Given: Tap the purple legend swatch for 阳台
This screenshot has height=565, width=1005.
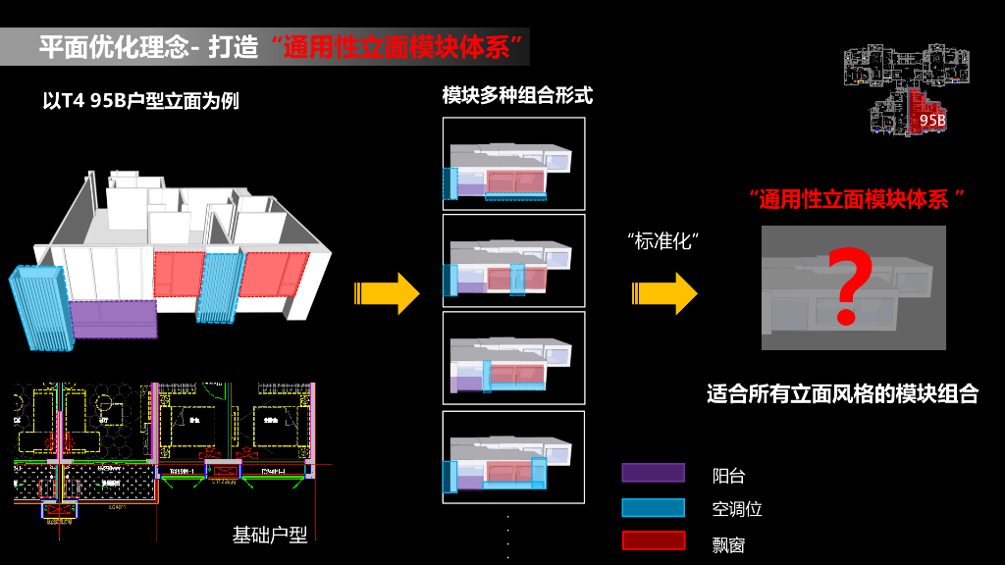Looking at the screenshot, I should click(653, 473).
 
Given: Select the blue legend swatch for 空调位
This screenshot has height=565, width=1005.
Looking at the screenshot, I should click(653, 507).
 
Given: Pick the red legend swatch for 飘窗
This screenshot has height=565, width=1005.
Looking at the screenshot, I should click(653, 540).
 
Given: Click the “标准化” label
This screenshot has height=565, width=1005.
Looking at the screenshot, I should click(669, 242).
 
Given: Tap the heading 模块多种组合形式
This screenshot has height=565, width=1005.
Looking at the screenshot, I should click(517, 96).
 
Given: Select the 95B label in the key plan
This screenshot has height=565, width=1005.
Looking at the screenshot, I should click(932, 121).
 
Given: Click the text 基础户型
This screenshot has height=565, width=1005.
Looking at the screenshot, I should click(270, 535).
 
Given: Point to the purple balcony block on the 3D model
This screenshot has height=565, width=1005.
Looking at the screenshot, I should click(115, 319).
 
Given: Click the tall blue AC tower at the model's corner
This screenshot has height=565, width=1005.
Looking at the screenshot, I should click(41, 307).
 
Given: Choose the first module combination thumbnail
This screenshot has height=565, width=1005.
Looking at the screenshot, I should click(513, 164).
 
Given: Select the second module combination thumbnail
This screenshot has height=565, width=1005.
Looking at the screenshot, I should click(513, 260).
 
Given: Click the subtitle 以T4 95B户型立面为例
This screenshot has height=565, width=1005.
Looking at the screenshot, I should click(141, 101).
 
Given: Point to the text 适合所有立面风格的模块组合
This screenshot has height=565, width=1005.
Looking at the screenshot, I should click(842, 395).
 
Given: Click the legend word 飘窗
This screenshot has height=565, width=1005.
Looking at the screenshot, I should click(729, 542).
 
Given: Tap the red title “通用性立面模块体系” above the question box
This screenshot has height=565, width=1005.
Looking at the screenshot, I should click(852, 199).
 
